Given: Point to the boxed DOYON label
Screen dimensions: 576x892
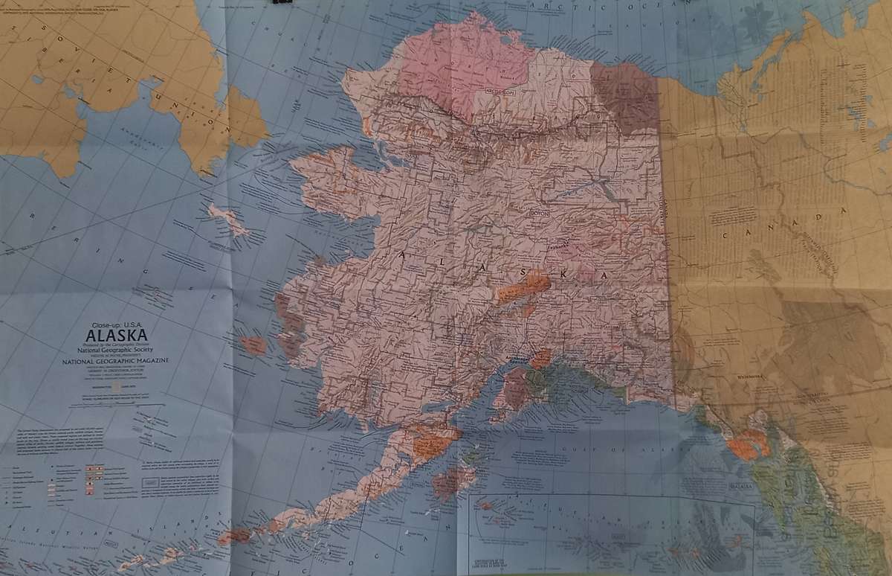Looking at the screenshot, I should pyautogui.click(x=537, y=212).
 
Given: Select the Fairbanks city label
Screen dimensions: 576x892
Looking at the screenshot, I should pyautogui.click(x=558, y=243).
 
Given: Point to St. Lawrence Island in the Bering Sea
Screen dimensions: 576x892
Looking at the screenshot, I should pyautogui.click(x=227, y=220).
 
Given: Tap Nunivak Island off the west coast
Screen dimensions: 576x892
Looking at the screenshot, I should pyautogui.click(x=253, y=345).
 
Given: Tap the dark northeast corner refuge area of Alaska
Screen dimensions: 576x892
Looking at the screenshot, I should pyautogui.click(x=624, y=97).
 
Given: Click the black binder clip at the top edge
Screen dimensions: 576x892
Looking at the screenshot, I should pyautogui.click(x=282, y=3).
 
